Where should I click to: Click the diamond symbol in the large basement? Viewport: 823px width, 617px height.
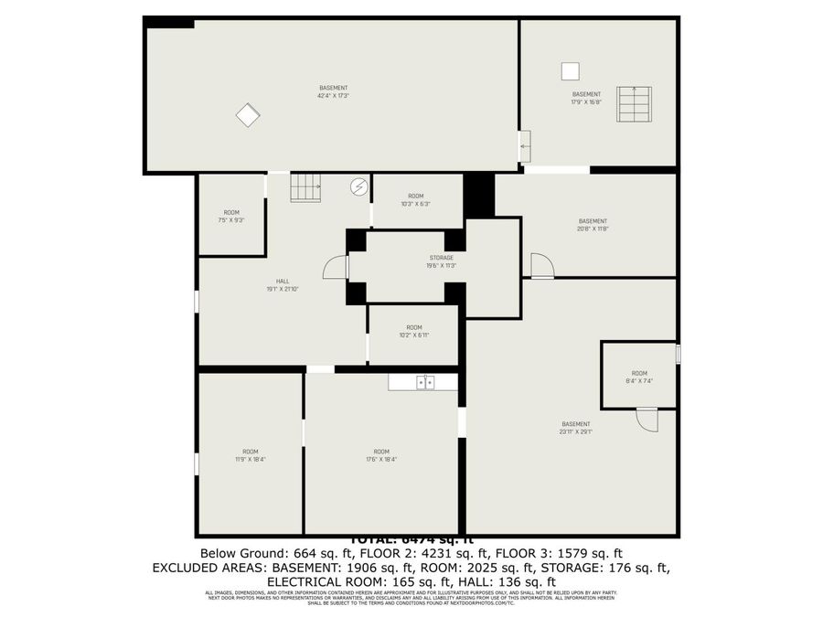[x=248, y=115]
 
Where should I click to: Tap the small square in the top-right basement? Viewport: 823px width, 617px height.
[x=570, y=71]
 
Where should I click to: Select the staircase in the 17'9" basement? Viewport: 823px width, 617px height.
[x=634, y=104]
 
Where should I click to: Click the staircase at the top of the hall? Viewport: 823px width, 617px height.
[x=306, y=188]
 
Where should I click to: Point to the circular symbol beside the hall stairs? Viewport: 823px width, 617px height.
[x=359, y=186]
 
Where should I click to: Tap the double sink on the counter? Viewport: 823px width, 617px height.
[x=425, y=383]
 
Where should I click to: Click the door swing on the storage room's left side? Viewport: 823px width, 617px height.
[x=337, y=267]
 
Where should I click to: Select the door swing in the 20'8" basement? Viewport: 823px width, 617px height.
[x=541, y=265]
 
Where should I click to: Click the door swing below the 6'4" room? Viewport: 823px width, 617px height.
[x=647, y=420]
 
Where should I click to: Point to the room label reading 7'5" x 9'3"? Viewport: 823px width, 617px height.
[x=231, y=217]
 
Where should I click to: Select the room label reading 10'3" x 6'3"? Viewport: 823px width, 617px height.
[x=415, y=200]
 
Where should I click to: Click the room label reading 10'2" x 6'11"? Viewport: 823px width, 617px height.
[x=414, y=331]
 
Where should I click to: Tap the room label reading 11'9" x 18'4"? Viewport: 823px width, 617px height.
[x=250, y=455]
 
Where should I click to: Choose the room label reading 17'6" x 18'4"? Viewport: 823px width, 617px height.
[x=381, y=455]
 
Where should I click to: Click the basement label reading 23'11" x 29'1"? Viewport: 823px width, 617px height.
[x=575, y=428]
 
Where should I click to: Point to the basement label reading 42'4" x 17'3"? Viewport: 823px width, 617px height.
[x=333, y=91]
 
